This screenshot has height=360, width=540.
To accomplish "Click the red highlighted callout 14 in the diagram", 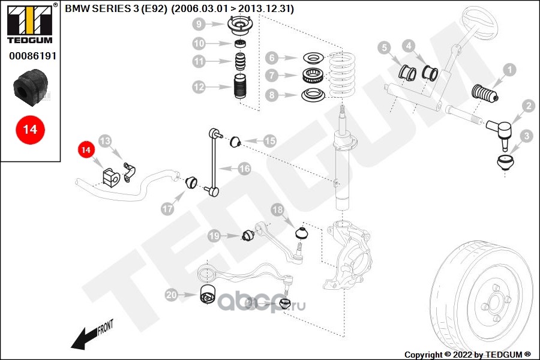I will coord(86,149).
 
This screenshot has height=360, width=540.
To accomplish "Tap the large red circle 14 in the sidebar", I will coord(30,129).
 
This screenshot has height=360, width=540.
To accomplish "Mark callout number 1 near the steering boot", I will coord(509,71).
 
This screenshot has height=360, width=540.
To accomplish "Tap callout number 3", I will coord(526,137).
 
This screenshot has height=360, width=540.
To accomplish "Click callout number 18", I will coord(277,210).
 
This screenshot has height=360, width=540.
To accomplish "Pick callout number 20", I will coord(172,295).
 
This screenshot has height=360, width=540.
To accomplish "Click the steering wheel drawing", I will coord(477,27).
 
